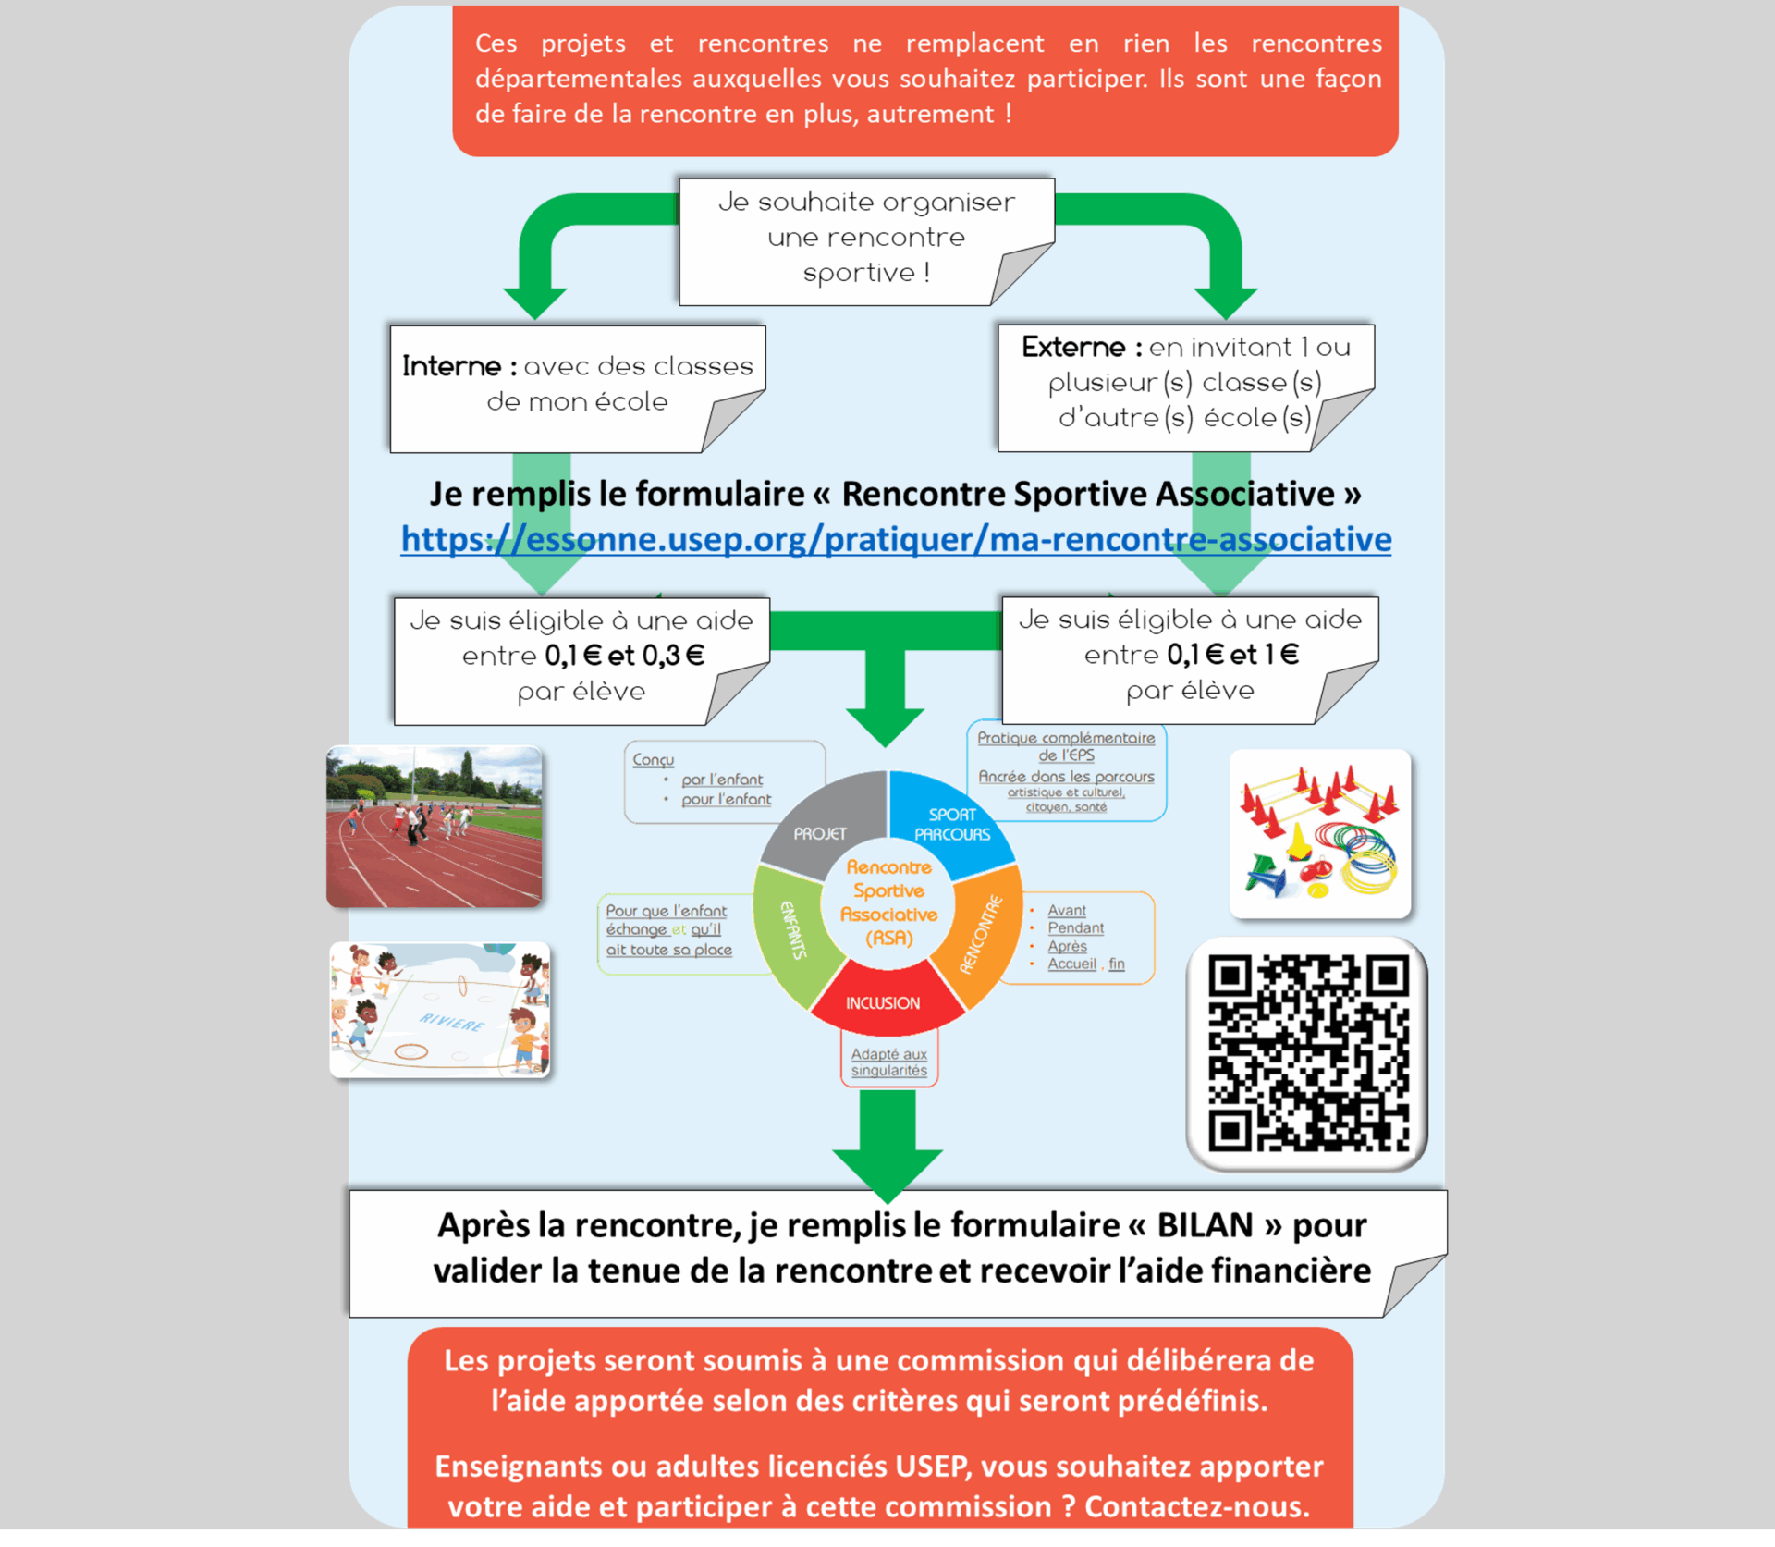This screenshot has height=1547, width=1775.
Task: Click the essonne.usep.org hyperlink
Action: [895, 538]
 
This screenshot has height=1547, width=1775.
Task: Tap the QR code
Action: [1306, 1053]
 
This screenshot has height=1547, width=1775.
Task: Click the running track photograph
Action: [434, 826]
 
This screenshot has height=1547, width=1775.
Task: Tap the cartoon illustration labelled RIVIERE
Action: [440, 1010]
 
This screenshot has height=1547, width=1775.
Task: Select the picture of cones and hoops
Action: [1319, 834]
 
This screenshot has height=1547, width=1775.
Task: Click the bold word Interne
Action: [451, 366]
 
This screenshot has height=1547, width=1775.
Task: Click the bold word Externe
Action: [1072, 347]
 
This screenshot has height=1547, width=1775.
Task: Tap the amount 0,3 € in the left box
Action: [673, 656]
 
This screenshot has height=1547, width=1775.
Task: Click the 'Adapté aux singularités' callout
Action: [888, 1062]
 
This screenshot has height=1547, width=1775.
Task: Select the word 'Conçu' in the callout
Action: [653, 759]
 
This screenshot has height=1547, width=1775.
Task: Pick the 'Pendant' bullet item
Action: [1075, 927]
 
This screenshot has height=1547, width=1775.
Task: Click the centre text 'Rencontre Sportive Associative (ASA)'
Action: [887, 902]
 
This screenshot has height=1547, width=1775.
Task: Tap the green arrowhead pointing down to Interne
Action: [535, 301]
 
